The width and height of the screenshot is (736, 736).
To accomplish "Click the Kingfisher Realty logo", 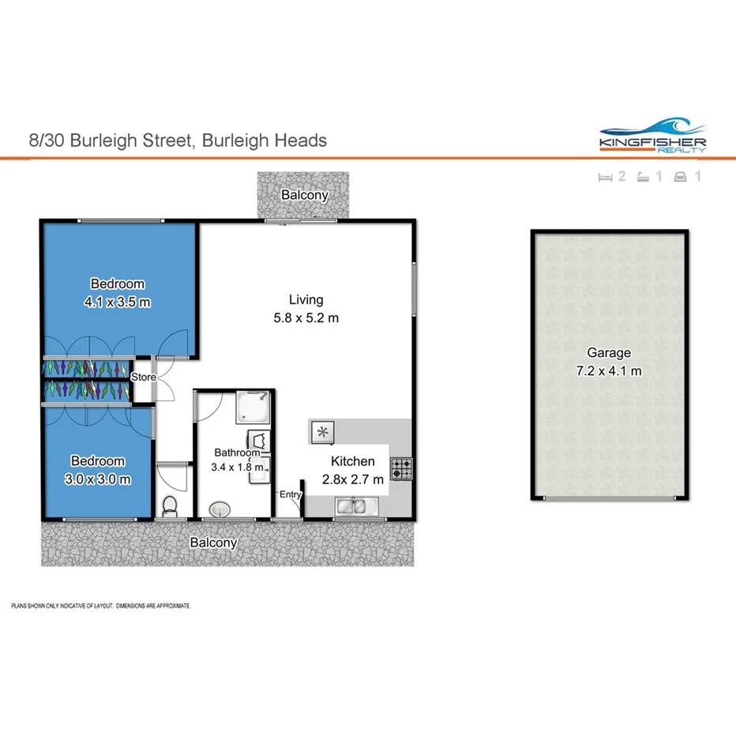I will coord(652,136).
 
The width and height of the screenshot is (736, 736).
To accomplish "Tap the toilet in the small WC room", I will coord(167,505).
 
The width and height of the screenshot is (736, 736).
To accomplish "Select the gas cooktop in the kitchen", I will coord(402,469).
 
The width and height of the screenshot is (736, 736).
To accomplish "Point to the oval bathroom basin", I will coord(219,508).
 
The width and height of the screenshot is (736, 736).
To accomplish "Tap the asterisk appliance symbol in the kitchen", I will coord(323,431).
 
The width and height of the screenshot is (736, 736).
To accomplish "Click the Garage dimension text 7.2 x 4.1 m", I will coord(608,370).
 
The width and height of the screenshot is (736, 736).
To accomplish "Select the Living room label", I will coord(306,299).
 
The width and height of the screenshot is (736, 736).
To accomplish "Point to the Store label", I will coord(143,377).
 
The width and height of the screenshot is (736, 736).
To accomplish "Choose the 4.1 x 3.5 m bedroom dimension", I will coord(118,301).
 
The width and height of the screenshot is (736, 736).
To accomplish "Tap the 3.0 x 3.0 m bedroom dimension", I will coord(99,478).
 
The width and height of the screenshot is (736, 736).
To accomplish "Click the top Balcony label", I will coord(304,195).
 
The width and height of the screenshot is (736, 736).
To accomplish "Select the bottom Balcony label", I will coord(213,543).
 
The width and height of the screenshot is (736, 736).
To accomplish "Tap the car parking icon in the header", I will coord(680,177).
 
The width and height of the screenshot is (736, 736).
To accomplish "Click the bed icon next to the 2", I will coord(606,177).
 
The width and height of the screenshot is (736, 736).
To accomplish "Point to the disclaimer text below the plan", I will coord(101,606).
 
